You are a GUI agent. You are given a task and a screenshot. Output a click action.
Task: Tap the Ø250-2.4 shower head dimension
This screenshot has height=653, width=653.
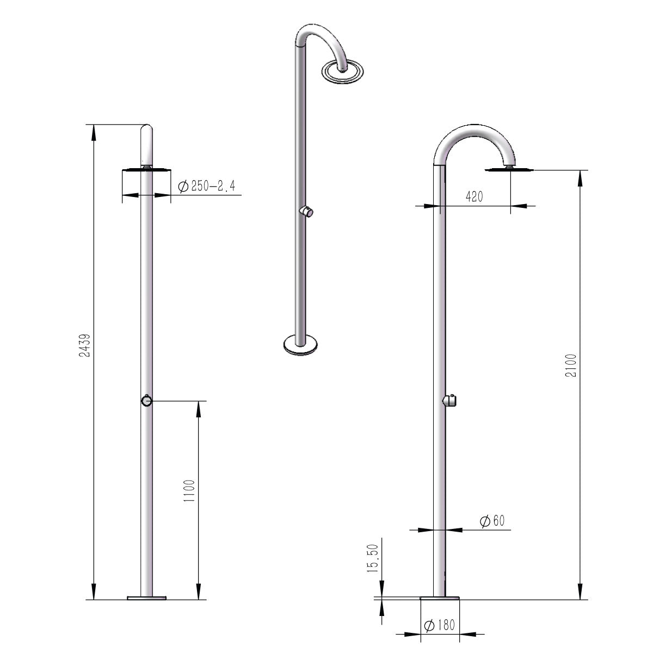pyautogui.click(x=206, y=186)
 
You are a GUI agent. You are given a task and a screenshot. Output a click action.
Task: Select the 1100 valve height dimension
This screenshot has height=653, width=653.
pyautogui.click(x=188, y=491)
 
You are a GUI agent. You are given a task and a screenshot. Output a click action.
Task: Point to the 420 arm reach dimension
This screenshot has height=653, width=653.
pyautogui.click(x=474, y=197)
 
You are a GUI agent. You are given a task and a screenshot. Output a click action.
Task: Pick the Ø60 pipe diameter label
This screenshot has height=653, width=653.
pyautogui.click(x=492, y=521)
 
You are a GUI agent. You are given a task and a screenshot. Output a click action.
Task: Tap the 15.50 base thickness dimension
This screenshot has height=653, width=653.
pyautogui.click(x=373, y=559)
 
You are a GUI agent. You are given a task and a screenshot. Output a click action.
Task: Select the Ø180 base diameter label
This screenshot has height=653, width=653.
pyautogui.click(x=439, y=626)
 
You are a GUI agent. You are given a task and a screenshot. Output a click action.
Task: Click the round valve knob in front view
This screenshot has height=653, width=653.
pyautogui.click(x=146, y=401)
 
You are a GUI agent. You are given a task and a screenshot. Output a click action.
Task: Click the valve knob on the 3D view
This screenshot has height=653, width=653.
pyautogui.click(x=307, y=212)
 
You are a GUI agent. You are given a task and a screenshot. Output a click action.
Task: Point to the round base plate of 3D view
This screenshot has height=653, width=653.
pyautogui.click(x=301, y=344)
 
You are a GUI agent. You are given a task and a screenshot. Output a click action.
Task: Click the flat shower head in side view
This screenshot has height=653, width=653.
pyautogui.click(x=508, y=170)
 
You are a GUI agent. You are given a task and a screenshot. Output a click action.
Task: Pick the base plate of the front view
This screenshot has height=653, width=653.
pyautogui.click(x=146, y=597)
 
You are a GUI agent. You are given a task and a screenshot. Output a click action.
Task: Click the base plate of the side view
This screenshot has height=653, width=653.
pyautogui.click(x=440, y=597)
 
